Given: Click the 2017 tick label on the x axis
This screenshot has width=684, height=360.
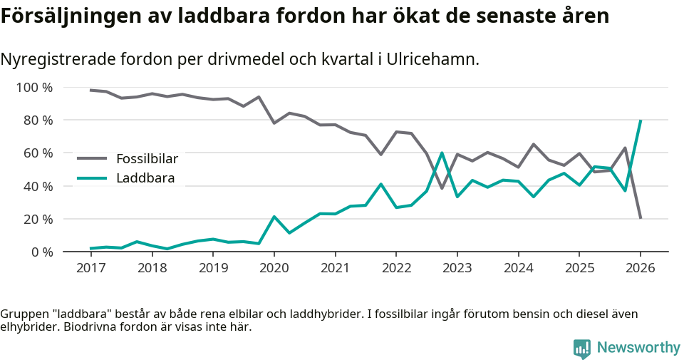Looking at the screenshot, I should pyautogui.click(x=90, y=268).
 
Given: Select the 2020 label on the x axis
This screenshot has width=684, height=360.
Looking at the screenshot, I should pyautogui.click(x=274, y=268).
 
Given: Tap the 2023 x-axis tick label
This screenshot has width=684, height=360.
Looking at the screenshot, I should pyautogui.click(x=457, y=268).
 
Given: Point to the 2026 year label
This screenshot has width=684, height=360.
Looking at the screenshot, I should pyautogui.click(x=640, y=268).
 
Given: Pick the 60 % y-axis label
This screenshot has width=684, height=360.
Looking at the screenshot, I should pyautogui.click(x=38, y=153).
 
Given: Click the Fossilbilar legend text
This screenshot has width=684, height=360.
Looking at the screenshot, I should pyautogui.click(x=147, y=158).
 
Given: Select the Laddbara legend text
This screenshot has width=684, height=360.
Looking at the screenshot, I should pyautogui.click(x=145, y=178).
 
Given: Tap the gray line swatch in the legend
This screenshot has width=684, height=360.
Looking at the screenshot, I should pyautogui.click(x=92, y=158).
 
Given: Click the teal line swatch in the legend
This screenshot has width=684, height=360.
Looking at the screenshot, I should pyautogui.click(x=92, y=178).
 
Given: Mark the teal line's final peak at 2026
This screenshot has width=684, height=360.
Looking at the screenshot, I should pyautogui.click(x=641, y=120).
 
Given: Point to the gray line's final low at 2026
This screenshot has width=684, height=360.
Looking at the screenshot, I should pyautogui.click(x=641, y=218).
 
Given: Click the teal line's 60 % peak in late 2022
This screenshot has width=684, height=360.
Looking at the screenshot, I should pyautogui.click(x=442, y=153).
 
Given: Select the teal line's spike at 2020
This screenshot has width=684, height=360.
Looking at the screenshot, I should pyautogui.click(x=274, y=217).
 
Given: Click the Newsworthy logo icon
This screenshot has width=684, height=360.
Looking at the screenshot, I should pyautogui.click(x=582, y=348).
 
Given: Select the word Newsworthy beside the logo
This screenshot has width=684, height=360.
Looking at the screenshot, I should pyautogui.click(x=638, y=348).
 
